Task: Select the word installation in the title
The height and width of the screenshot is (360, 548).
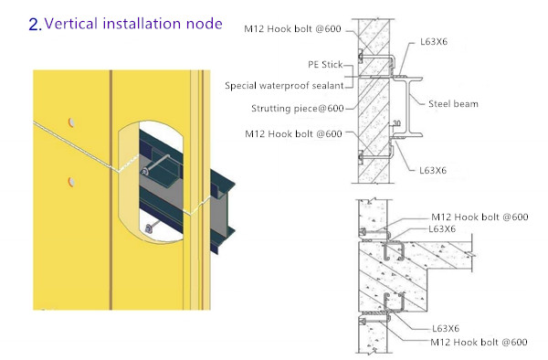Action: click(145, 23)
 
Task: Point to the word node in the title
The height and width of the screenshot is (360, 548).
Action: click(204, 23)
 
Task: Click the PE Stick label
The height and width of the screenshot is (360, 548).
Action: click(325, 66)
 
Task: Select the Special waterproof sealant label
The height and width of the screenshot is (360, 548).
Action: click(284, 86)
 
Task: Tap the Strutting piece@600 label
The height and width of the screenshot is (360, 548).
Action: click(297, 109)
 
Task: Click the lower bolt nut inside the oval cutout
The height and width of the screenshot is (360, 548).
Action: click(150, 228)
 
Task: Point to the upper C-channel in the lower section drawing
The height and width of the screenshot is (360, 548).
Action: click(393, 251)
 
